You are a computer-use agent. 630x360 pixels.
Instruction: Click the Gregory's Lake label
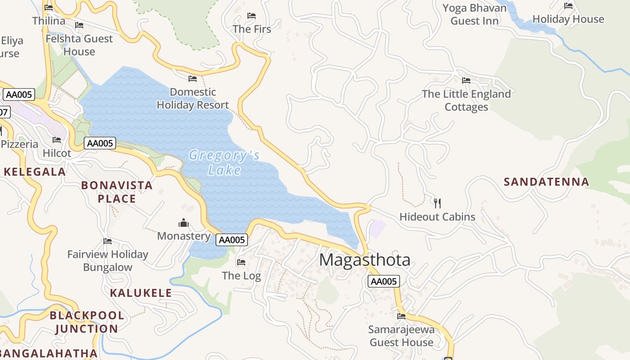point(224,162)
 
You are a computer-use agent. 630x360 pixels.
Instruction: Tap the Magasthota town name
point(364,260)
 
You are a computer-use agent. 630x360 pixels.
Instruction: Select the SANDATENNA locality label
point(546,182)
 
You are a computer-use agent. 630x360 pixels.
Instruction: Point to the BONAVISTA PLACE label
point(117,192)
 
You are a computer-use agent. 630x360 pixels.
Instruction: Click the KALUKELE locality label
point(141,293)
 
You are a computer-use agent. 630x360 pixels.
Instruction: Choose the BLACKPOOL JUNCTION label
point(86,322)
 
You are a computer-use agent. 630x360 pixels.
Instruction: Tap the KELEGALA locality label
point(35,171)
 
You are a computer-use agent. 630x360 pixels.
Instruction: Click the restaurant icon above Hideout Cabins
point(437,203)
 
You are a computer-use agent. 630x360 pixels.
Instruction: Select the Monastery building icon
point(184,223)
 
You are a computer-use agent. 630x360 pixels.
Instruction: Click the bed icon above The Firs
point(252,16)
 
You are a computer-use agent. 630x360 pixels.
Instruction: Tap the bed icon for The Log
point(241,262)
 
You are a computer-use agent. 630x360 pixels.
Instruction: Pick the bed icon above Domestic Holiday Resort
point(193,79)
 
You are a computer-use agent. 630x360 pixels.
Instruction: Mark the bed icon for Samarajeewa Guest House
point(401,316)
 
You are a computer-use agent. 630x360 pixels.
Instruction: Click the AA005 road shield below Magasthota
point(383,282)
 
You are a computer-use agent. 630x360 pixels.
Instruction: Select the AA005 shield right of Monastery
point(231,240)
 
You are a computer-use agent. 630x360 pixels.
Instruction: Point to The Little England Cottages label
point(466,100)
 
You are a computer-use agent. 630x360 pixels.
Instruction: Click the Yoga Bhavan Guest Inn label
point(474,14)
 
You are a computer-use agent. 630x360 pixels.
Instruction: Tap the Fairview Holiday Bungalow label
point(108,261)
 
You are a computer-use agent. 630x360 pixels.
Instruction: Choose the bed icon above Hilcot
point(57,140)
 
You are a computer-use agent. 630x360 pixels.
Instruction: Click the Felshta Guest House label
point(79,45)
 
